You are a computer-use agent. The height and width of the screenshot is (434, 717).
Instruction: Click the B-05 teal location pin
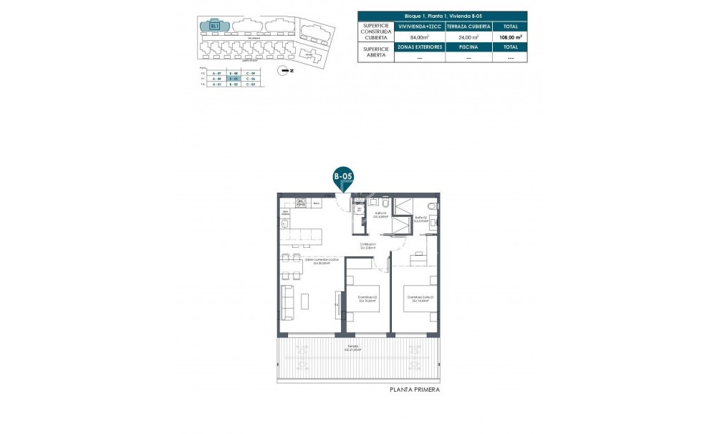point(344,176)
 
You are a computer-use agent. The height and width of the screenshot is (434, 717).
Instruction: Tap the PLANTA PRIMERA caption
point(414,390)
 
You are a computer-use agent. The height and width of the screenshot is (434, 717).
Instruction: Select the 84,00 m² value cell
point(419,37)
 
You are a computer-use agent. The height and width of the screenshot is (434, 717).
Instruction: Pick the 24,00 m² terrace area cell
point(468,37)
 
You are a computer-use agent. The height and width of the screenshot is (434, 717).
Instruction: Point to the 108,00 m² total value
point(510,37)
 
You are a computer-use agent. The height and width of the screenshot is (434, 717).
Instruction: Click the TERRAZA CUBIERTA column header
point(468,26)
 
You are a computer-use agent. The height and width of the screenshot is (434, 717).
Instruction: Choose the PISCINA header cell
point(468,47)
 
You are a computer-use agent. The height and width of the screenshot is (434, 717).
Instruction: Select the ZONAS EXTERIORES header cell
point(419,47)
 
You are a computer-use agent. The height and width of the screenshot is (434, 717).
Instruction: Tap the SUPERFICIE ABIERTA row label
point(376,52)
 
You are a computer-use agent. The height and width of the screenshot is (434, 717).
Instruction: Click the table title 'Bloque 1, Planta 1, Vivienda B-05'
point(443,15)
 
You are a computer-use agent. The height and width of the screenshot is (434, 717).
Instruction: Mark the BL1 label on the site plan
point(214,26)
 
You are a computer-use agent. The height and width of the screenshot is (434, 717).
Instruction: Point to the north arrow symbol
point(285,70)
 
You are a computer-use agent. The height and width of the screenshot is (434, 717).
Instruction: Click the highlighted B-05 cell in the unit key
point(233,79)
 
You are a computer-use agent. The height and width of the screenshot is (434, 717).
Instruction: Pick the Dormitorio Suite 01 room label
point(419,299)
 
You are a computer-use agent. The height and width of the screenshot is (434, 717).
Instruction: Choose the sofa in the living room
point(289,302)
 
